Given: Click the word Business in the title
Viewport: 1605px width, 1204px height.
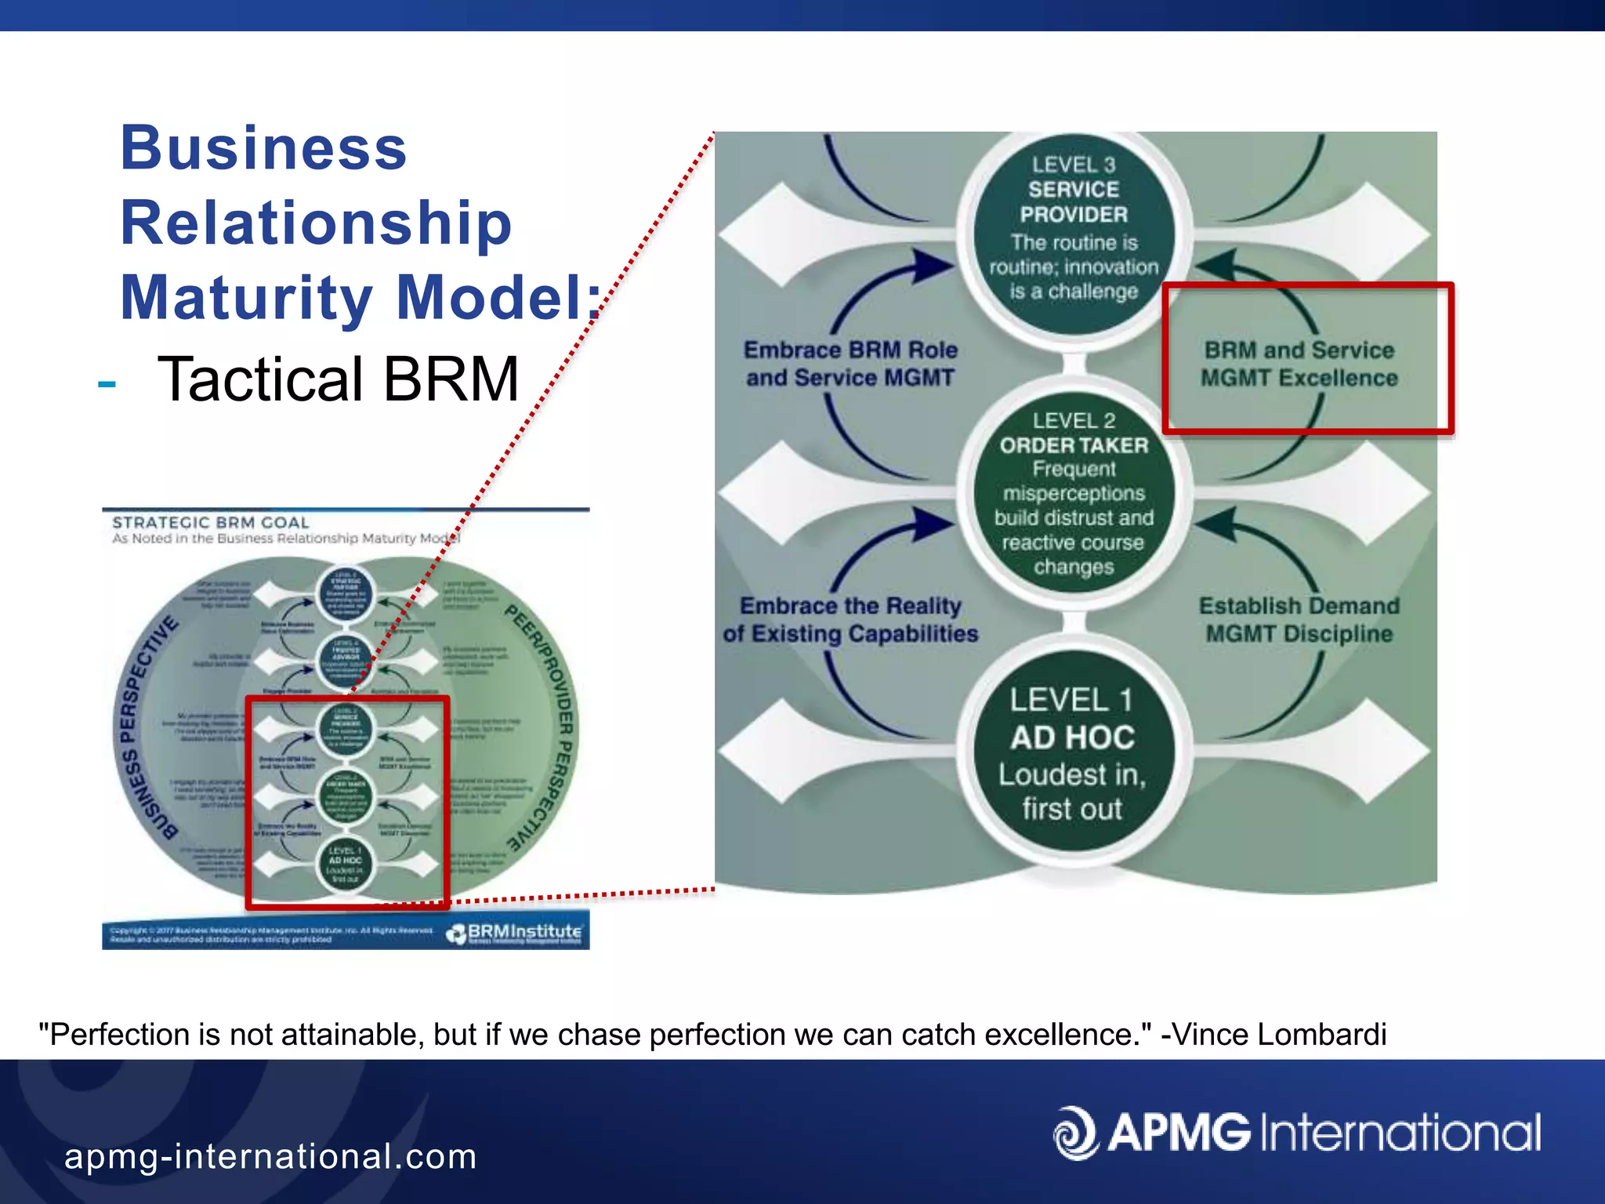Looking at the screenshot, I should (x=263, y=149).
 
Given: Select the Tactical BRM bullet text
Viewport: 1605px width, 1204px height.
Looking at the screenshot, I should (x=338, y=379).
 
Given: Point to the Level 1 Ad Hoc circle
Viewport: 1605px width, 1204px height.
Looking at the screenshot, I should (x=1073, y=751).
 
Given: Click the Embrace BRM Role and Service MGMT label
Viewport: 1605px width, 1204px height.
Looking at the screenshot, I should (x=850, y=364).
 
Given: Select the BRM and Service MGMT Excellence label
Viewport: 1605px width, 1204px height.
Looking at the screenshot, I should (x=1299, y=364).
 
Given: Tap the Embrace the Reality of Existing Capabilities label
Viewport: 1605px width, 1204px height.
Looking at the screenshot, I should (x=850, y=619).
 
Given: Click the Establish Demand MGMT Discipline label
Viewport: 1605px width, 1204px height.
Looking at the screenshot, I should (x=1299, y=619).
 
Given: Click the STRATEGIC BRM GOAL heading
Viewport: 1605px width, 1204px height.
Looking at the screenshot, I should (x=210, y=523).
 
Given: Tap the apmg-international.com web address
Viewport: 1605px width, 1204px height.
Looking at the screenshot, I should (x=270, y=1157).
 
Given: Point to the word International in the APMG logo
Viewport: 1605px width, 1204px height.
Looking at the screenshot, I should (x=1400, y=1133).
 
